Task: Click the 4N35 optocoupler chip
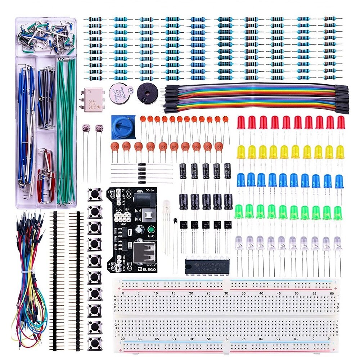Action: [92, 98]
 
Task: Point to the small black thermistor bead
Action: [175, 221]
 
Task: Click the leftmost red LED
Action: [241, 123]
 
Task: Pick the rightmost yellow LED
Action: [340, 152]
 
